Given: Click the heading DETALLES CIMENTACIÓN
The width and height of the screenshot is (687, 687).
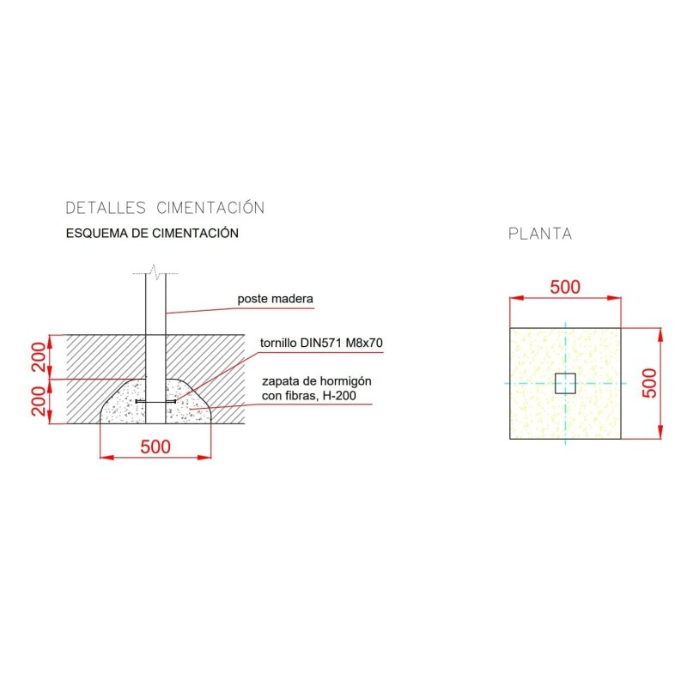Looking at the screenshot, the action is click(165, 208).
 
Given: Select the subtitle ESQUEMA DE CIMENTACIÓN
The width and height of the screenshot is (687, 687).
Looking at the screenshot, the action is click(152, 233).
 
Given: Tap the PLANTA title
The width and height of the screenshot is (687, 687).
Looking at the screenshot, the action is click(540, 234).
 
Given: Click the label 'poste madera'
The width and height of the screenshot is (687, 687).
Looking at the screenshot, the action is click(275, 299).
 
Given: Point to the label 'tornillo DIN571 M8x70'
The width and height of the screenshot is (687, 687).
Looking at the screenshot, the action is click(321, 343).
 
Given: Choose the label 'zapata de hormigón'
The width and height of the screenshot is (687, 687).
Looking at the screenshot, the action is click(316, 381).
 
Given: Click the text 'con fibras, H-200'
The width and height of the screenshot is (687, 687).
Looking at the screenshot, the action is click(309, 396).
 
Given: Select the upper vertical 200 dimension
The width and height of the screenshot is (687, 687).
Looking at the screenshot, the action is click(40, 356).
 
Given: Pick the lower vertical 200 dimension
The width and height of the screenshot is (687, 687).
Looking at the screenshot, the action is click(40, 401).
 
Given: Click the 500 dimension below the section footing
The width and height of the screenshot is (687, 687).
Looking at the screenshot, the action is click(155, 447).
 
